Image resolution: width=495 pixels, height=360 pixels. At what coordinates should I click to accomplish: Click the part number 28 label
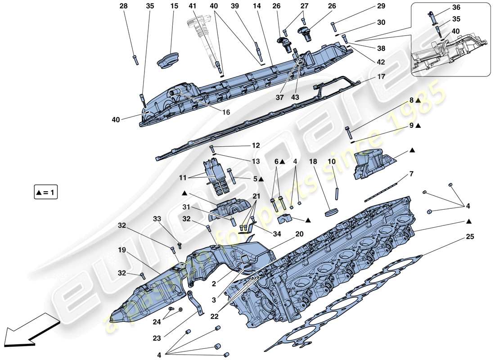point(123,6)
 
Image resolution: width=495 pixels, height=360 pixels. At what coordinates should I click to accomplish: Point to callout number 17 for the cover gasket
point(381,77)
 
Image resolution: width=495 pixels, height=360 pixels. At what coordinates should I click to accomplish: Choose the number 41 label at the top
point(193,6)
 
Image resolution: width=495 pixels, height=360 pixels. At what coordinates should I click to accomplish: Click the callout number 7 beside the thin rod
point(411,173)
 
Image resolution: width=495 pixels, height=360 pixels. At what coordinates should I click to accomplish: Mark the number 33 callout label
point(157,219)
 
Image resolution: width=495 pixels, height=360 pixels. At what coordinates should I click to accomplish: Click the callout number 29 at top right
point(381,6)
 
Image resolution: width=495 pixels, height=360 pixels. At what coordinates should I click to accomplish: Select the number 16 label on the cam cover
point(226,112)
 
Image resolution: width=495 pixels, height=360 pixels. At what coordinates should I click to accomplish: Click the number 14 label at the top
point(256,6)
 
